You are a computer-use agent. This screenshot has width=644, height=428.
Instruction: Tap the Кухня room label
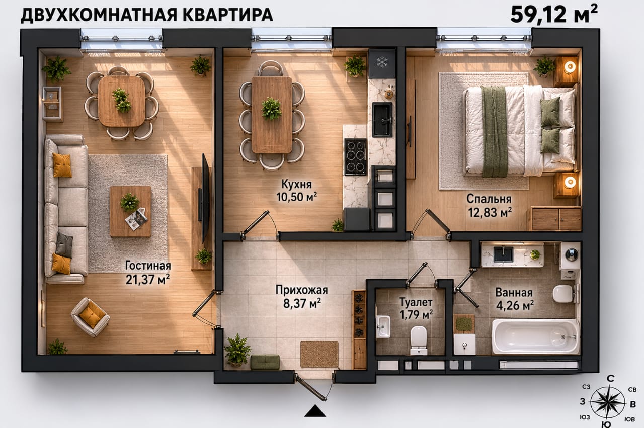tap(296, 184)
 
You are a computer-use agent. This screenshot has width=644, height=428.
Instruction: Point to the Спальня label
tap(489, 199)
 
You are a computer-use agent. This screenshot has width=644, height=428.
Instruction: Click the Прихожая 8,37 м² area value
tap(302, 304)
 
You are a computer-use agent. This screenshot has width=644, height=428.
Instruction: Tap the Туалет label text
tap(416, 302)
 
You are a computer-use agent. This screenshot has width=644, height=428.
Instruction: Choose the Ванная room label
tap(514, 293)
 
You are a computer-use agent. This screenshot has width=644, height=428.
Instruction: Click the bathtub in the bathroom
tap(535, 336)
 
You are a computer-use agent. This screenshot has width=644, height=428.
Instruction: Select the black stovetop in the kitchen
tap(355, 157)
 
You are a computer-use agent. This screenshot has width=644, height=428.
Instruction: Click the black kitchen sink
tap(382, 120)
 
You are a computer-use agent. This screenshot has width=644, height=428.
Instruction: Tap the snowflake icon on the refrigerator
tap(382, 62)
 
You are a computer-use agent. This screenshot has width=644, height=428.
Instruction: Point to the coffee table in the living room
tap(130, 211)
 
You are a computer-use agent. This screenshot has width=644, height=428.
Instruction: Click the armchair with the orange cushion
tap(90, 317)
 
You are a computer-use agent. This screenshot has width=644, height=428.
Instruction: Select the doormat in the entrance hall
tap(319, 354)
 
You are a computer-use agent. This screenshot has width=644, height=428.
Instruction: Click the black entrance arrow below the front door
tap(315, 411)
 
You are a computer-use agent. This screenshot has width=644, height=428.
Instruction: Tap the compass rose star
tap(608, 402)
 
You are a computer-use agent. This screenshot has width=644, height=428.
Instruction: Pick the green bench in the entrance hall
tap(265, 362)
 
